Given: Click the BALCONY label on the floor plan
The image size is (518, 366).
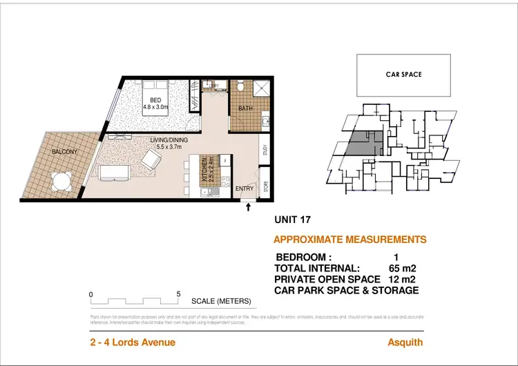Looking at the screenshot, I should pyautogui.click(x=64, y=152).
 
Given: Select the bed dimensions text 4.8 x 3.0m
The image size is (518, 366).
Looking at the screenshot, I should pyautogui.click(x=159, y=107).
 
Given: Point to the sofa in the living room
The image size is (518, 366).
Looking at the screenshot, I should pyautogui.click(x=113, y=171).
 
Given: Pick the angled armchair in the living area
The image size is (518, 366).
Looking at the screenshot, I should pyautogui.click(x=150, y=162).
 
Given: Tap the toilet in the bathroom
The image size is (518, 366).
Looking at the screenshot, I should pyautogui.click(x=240, y=87).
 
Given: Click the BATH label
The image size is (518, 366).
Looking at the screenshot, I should pyautogui.click(x=246, y=108).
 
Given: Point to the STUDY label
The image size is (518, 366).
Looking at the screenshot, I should pyautogui.click(x=265, y=151).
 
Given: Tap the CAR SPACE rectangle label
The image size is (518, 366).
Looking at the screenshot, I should pyautogui.click(x=403, y=75).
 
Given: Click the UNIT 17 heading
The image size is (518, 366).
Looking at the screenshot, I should pyautogui.click(x=293, y=220).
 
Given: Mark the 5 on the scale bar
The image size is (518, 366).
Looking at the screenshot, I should pyautogui.click(x=179, y=293).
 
